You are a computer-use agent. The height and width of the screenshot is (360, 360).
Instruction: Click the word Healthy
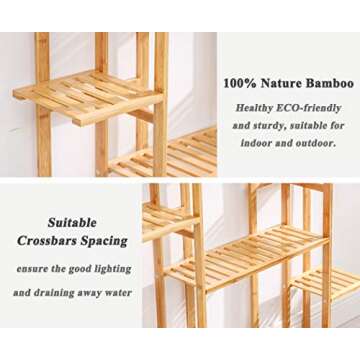click(254, 107)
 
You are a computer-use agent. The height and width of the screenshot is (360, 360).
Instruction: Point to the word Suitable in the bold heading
click(72, 222)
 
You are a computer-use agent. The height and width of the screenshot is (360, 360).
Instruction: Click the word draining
click(56, 293)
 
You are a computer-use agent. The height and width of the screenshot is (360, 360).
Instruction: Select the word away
click(89, 293)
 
